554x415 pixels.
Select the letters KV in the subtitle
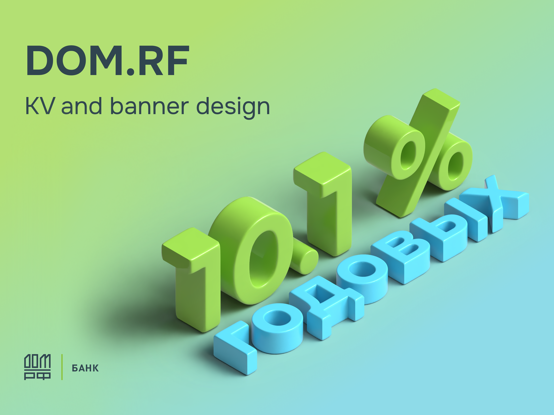[40, 106]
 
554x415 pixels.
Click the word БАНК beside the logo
[85, 368]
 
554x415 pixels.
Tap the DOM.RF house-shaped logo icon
[37, 367]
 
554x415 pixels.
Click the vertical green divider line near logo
[62, 367]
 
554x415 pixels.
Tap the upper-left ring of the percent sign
[393, 148]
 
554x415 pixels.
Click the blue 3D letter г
[235, 348]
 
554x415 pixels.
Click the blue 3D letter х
[503, 203]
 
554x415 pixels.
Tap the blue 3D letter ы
[453, 230]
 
